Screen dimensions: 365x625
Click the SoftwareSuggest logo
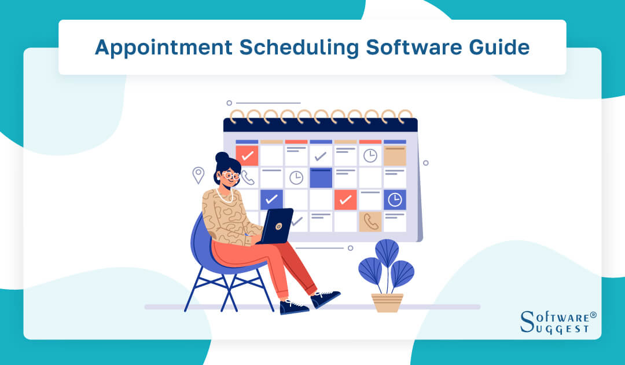(558, 322)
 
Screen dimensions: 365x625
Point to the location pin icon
(198, 174)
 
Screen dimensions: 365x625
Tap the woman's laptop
(276, 226)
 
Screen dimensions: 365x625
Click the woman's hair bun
(222, 158)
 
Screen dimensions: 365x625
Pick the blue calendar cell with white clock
(395, 199)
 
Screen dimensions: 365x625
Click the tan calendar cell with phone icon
(370, 221)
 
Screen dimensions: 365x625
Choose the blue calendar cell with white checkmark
(271, 199)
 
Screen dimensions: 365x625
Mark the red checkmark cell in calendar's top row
(247, 155)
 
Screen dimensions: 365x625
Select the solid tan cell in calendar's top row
(395, 155)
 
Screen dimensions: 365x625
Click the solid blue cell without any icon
(321, 177)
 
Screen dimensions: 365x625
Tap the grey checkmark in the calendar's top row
(321, 155)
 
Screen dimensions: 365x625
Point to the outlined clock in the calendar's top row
(370, 155)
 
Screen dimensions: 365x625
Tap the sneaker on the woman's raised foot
(326, 299)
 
